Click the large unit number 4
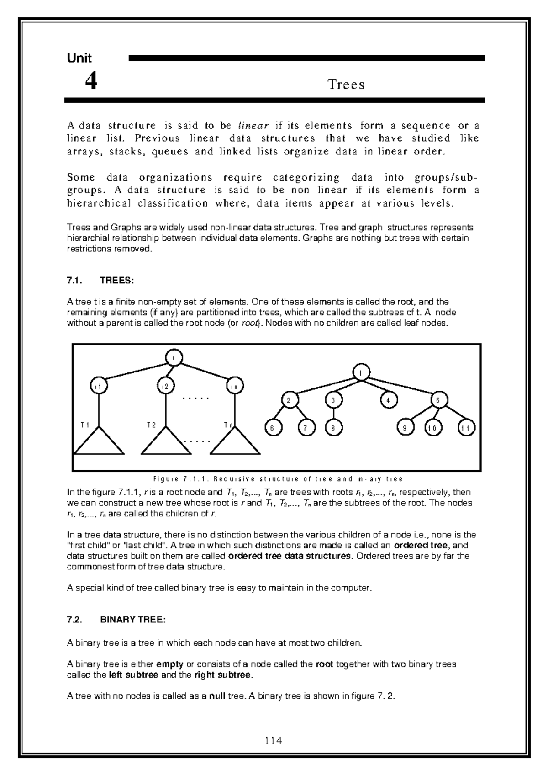[91, 82]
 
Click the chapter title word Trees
[346, 85]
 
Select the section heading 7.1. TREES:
[100, 281]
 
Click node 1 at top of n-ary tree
[361, 373]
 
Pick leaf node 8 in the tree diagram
[334, 428]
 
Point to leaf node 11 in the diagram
[466, 428]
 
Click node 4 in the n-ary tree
[389, 400]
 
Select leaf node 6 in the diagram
[273, 428]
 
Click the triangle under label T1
[99, 442]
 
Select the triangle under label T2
[166, 442]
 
